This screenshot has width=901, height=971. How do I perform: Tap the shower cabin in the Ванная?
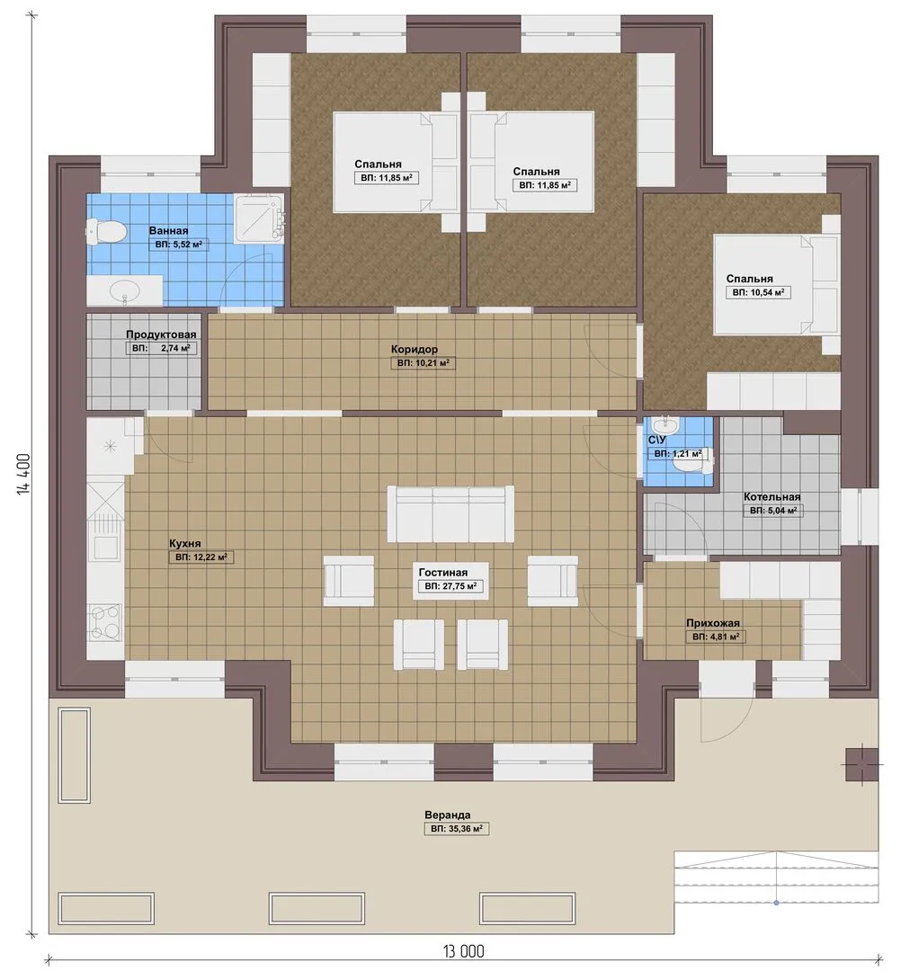pos(260,217)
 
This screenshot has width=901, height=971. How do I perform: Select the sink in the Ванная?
pos(124,290)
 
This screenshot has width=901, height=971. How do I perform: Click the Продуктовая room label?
pos(161,334)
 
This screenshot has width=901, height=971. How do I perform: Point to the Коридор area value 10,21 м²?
pos(423,363)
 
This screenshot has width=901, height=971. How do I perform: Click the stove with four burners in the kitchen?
pos(105,622)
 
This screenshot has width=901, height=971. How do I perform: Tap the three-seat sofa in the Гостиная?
pos(450,513)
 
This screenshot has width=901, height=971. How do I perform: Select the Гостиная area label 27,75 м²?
pos(450,586)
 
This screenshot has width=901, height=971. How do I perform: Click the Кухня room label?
pos(185,544)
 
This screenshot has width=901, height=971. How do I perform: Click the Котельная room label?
pos(772,496)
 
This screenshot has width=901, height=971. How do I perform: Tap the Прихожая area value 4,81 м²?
pos(715,637)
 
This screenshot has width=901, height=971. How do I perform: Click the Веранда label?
pos(447,815)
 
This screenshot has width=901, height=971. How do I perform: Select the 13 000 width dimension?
pos(463,951)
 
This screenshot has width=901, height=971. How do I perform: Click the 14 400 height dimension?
pos(23,475)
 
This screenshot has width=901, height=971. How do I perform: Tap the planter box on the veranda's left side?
pos(75,755)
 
